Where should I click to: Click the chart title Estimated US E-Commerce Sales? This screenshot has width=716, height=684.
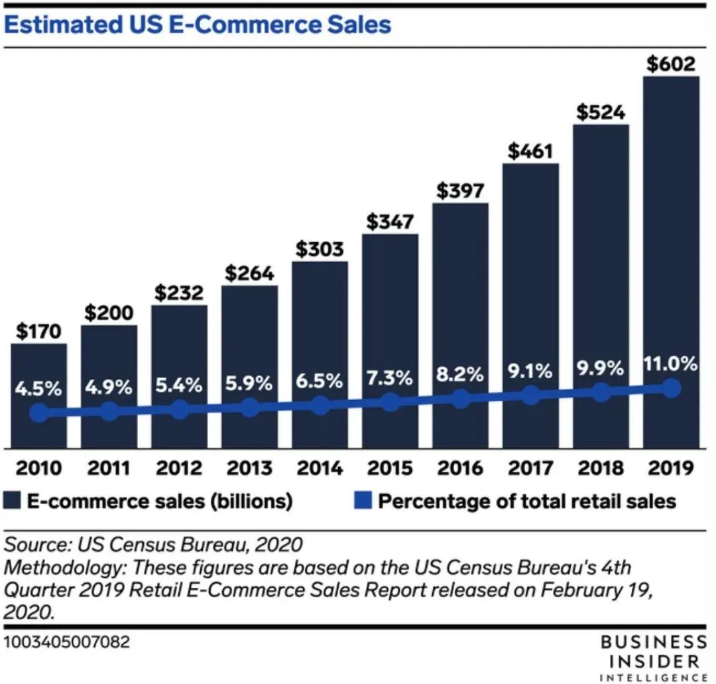198,25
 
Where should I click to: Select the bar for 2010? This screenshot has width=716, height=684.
38,372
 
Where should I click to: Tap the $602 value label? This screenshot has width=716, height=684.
671,64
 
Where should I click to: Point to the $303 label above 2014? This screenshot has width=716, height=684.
320,249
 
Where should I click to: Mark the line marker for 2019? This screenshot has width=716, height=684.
672,389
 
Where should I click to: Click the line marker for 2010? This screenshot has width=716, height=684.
39,413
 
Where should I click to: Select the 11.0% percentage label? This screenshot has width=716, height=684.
671,364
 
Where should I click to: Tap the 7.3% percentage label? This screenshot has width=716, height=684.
390,379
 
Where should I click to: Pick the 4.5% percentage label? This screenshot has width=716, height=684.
39,389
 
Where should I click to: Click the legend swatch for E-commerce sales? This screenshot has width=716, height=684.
13,500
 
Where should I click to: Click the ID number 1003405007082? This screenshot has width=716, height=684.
67,642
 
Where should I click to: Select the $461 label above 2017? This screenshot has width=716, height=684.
530,151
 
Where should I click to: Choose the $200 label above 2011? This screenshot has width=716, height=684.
109,313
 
